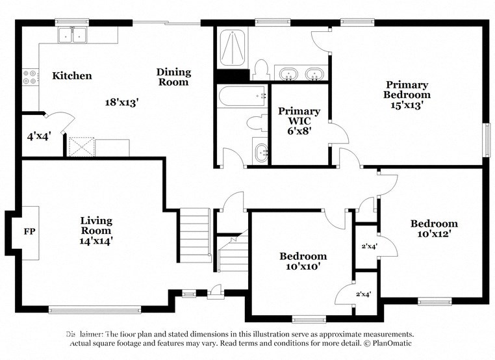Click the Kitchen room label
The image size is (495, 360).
(x=71, y=76)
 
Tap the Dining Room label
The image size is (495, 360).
(x=173, y=77)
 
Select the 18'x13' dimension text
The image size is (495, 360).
(x=122, y=102)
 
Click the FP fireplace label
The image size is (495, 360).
(x=29, y=231)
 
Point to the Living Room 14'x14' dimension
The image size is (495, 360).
(x=96, y=240)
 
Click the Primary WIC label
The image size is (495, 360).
(x=299, y=116)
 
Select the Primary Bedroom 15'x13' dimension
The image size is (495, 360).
(x=407, y=105)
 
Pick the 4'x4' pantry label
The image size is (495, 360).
(x=38, y=136)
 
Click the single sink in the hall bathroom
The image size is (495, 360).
(x=260, y=153)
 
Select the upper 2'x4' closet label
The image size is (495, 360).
(x=369, y=246)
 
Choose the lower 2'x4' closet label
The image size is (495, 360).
(x=364, y=294)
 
